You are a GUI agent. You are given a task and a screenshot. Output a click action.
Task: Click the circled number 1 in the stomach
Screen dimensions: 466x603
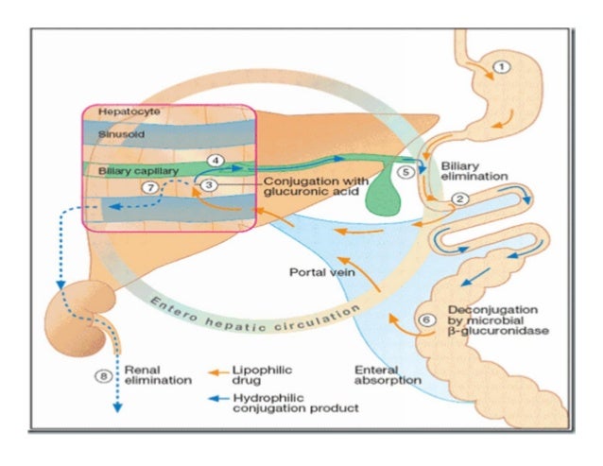point(502,67)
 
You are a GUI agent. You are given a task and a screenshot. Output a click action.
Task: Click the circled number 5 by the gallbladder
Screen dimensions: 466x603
point(405,173)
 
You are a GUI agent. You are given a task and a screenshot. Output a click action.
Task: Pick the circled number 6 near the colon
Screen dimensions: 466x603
point(426,320)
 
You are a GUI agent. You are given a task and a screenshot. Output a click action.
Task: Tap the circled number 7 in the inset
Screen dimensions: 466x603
point(147,187)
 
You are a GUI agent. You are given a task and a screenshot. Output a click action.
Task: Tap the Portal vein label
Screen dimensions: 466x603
point(314,273)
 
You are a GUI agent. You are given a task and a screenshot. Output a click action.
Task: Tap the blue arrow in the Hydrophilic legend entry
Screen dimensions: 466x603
point(218,399)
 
